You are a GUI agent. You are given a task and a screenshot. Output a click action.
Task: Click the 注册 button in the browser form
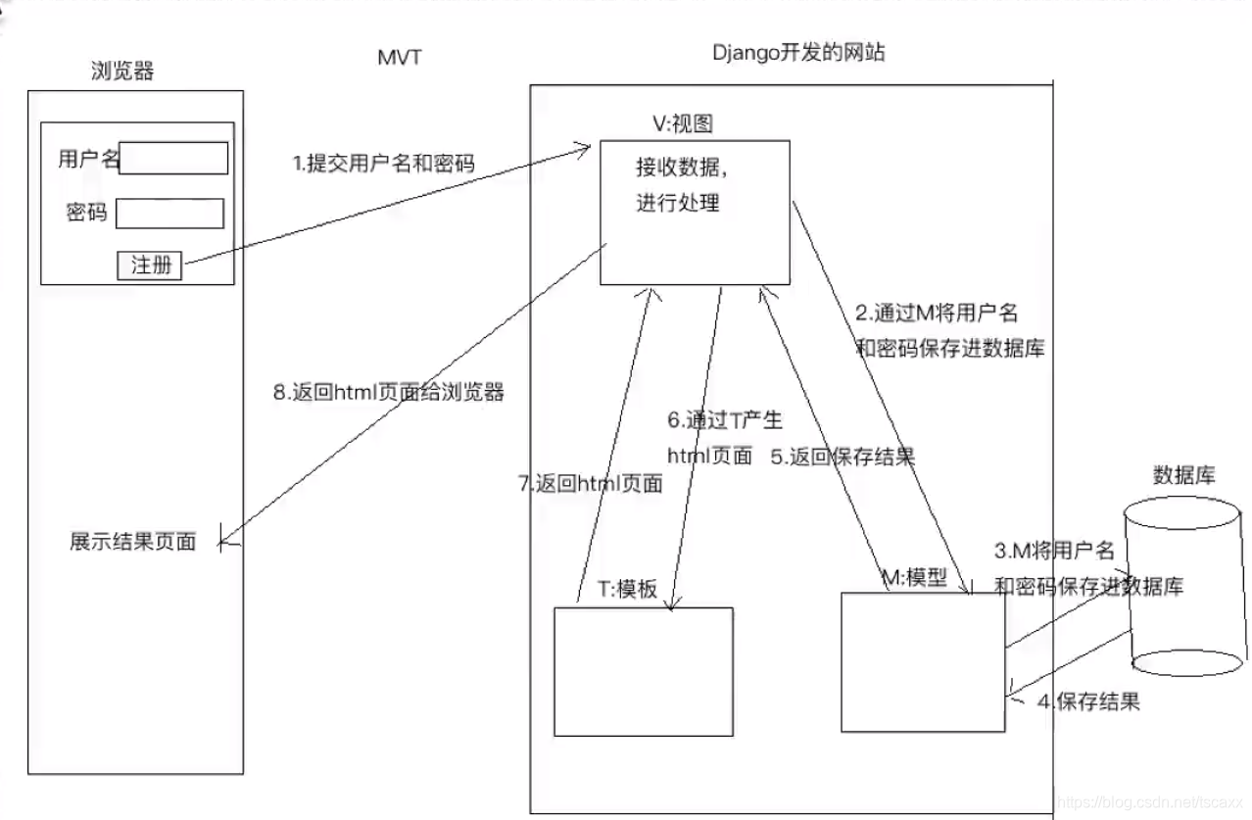(150, 265)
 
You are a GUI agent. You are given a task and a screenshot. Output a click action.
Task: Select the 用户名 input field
(173, 159)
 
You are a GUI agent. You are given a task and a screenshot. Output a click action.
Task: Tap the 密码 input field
(169, 214)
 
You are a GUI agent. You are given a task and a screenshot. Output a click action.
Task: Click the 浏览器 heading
(121, 71)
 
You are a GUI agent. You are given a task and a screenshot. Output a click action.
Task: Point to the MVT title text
(400, 57)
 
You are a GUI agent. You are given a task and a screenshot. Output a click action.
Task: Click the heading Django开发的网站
(798, 53)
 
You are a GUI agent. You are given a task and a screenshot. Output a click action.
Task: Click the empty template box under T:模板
(643, 671)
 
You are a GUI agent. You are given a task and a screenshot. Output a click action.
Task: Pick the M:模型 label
(915, 578)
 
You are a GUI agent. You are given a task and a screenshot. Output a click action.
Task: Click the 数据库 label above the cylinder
(1184, 475)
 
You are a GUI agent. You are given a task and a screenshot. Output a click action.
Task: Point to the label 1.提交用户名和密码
(384, 164)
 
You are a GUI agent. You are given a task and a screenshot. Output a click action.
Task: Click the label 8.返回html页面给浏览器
(388, 392)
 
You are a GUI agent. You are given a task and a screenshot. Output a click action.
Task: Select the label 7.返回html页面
(590, 483)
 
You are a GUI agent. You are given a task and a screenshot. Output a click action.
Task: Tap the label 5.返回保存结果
(843, 456)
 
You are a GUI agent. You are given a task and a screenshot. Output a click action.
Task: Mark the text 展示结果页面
(132, 541)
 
